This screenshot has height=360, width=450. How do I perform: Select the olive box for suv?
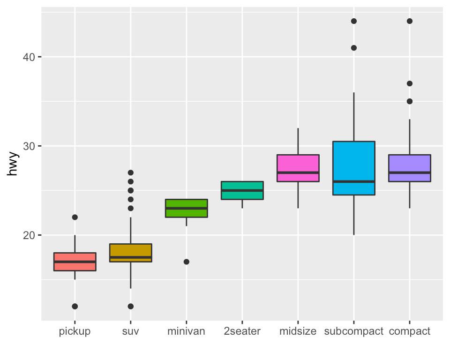tap(130, 253)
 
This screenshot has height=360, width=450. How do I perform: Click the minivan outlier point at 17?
tap(186, 262)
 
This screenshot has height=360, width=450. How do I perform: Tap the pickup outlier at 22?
tap(75, 217)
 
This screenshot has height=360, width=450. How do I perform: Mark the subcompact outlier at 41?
tap(353, 48)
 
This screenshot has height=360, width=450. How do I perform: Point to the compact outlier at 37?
tap(409, 83)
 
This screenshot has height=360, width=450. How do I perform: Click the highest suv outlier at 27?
tap(130, 172)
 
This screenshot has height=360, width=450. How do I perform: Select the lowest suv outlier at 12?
tap(130, 306)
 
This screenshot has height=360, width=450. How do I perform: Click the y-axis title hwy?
tap(13, 164)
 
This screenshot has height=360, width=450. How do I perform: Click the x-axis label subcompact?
tap(353, 331)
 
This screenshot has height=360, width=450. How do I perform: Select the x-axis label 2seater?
tap(242, 331)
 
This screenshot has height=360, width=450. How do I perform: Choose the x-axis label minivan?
tap(186, 331)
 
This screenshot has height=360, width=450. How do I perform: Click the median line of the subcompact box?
tap(353, 181)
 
